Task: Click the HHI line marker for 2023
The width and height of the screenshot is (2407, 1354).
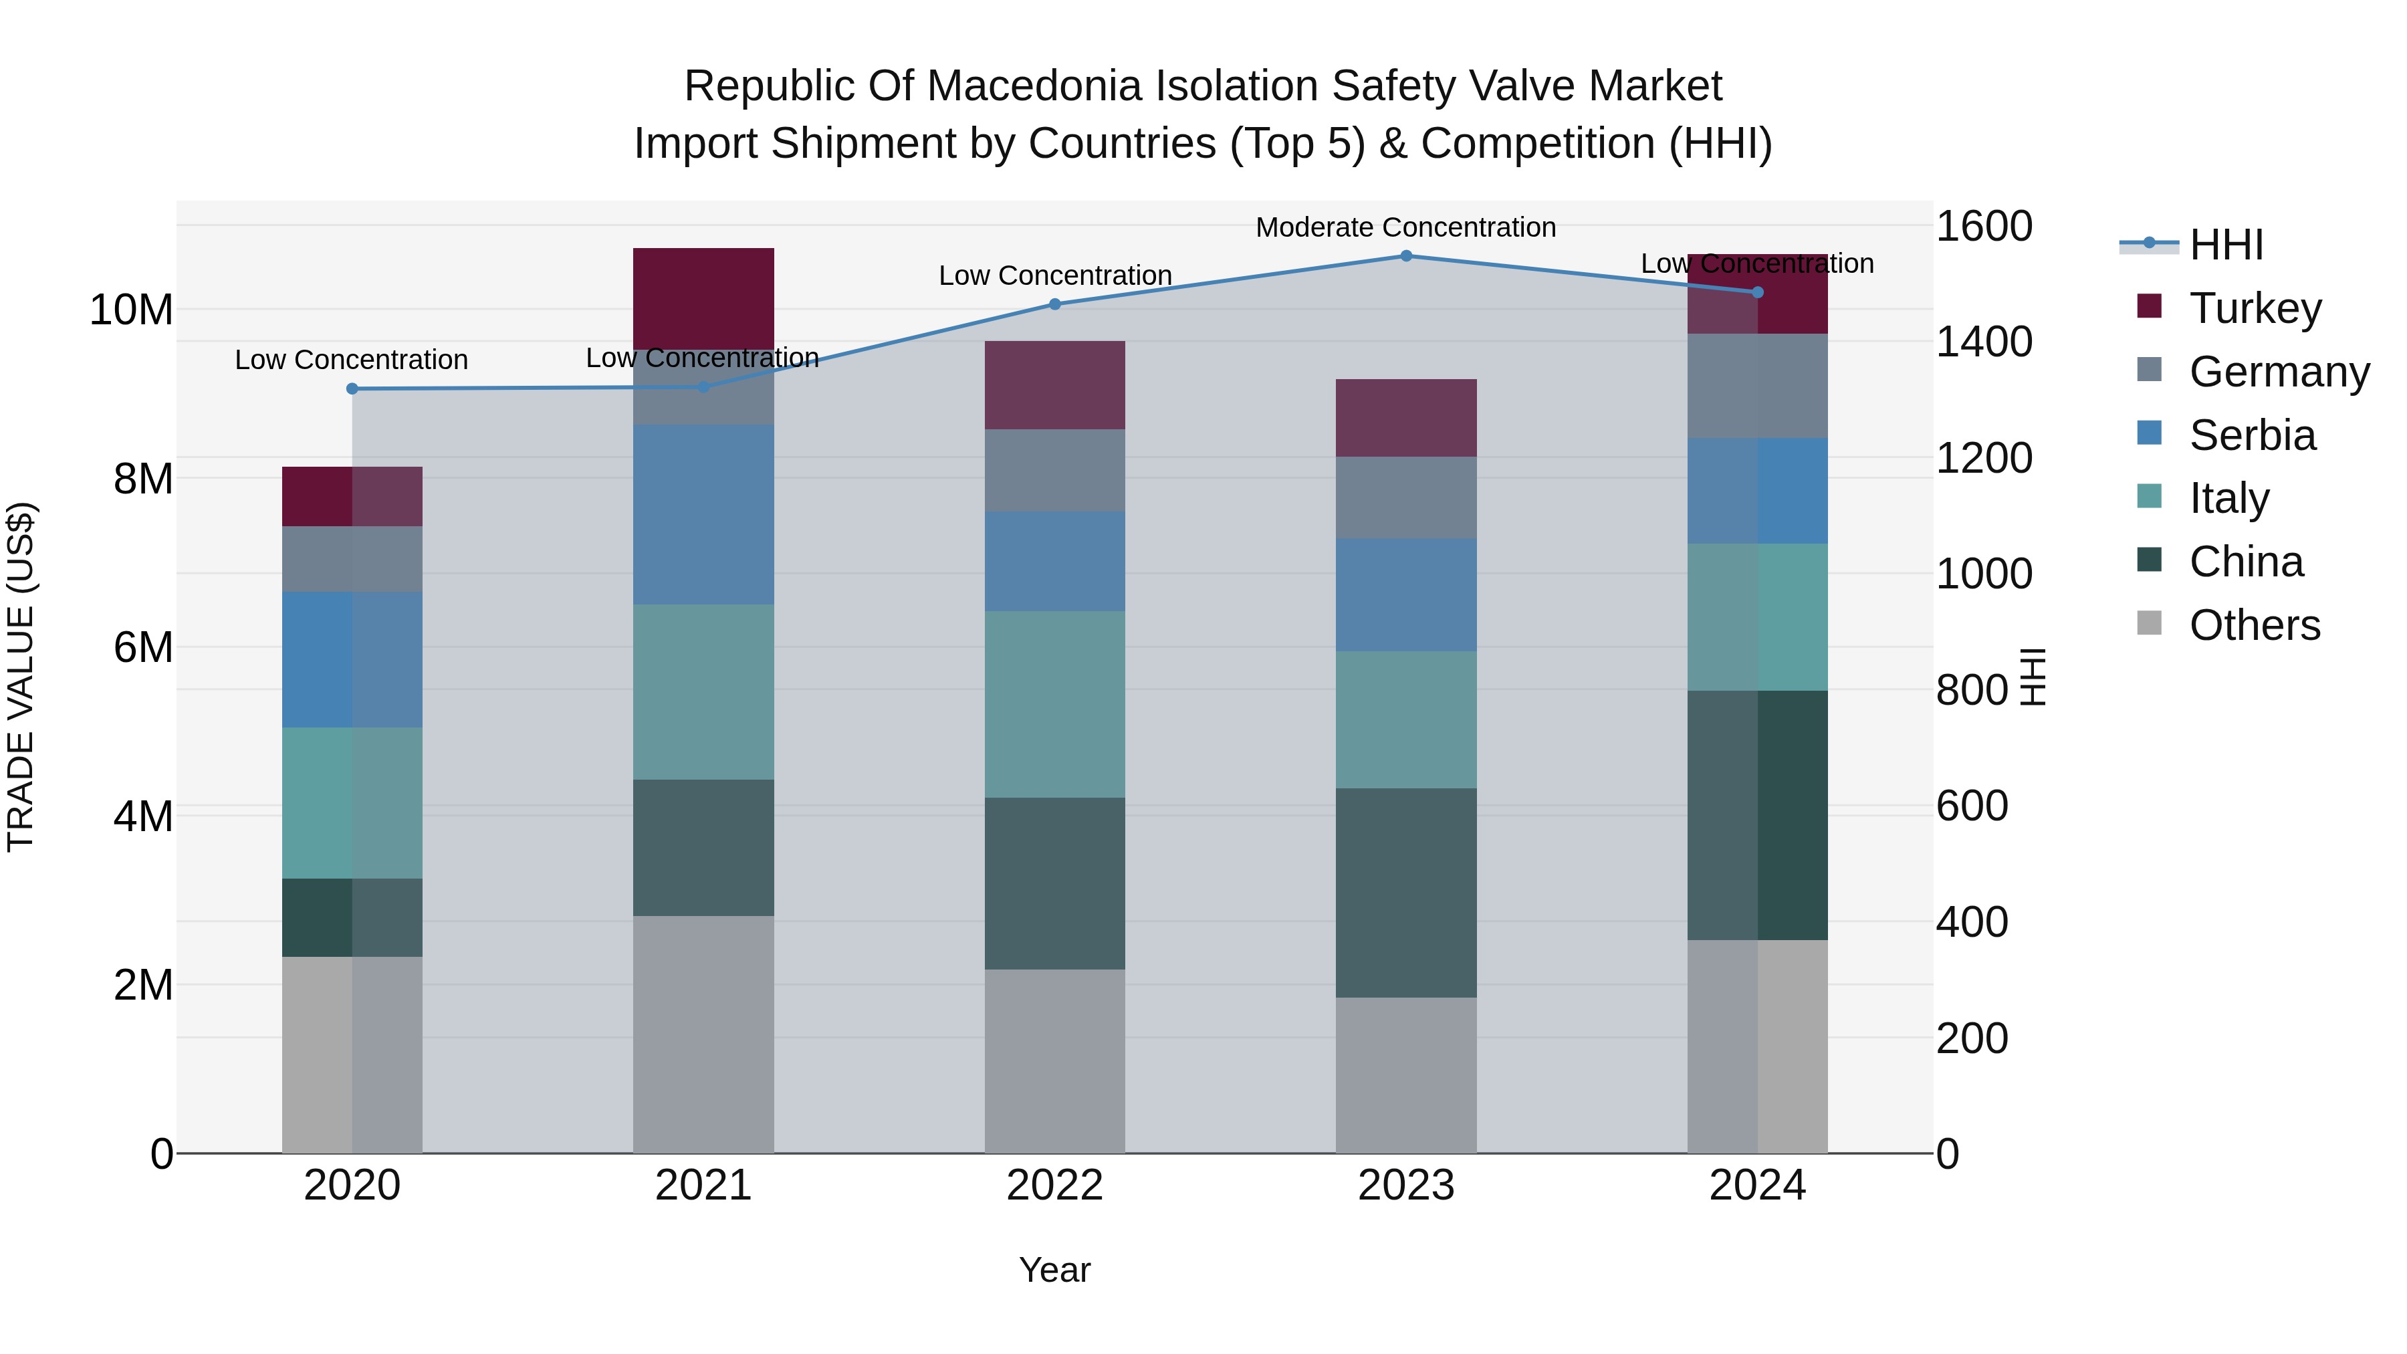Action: coord(1405,256)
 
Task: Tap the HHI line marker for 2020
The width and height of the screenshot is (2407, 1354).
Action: coord(352,388)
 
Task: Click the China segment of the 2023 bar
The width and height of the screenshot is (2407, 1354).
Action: coord(1405,893)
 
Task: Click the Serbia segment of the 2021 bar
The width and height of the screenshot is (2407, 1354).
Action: coord(703,514)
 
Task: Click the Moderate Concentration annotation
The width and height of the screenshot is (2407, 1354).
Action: coord(1405,227)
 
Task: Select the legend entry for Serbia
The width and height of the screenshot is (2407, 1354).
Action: coord(2252,435)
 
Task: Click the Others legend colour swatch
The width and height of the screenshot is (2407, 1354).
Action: coord(2149,623)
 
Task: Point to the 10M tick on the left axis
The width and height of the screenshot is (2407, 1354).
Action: coord(131,310)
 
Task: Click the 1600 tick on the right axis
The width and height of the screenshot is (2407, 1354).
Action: coord(1983,227)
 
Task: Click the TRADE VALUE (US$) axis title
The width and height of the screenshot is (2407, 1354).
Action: coord(21,677)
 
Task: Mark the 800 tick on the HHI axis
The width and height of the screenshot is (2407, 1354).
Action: coord(1972,691)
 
